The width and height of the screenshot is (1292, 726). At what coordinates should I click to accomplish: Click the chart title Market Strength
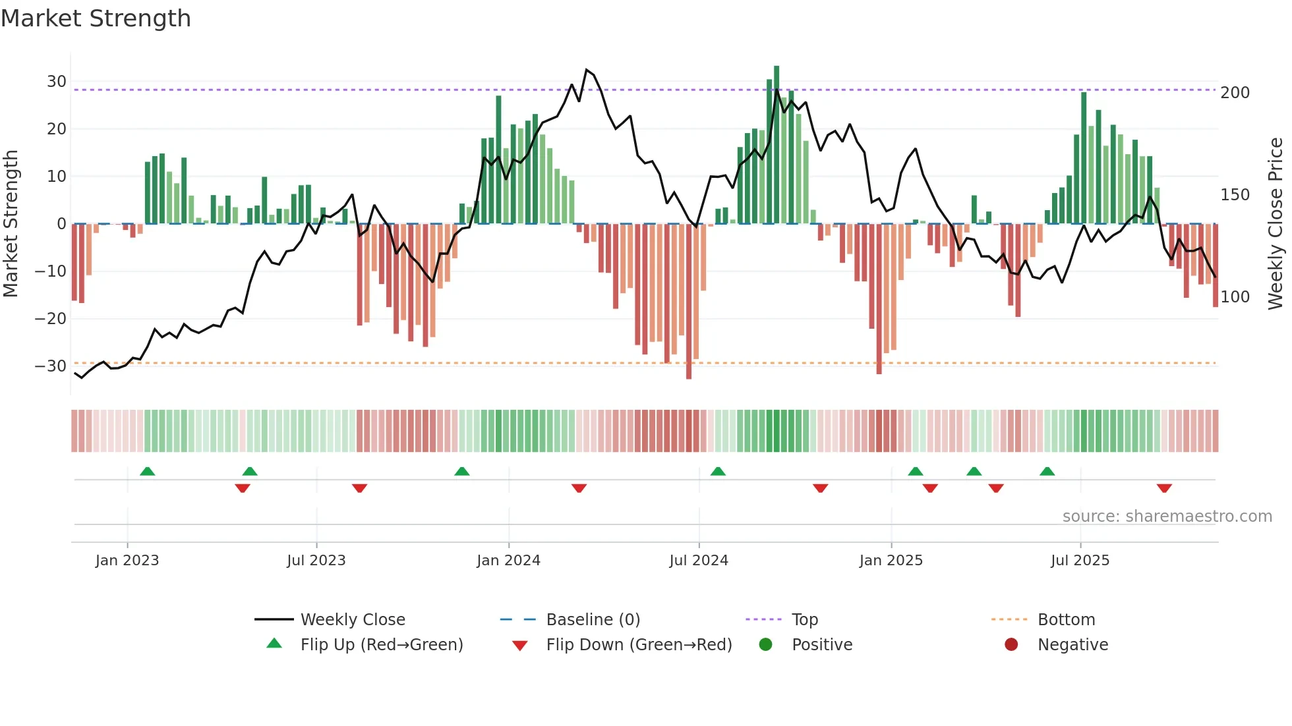click(96, 18)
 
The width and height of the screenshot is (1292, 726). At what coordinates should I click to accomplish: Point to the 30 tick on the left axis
click(57, 82)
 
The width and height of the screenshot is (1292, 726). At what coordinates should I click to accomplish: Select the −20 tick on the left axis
click(51, 319)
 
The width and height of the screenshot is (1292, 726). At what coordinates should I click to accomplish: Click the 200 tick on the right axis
click(1235, 93)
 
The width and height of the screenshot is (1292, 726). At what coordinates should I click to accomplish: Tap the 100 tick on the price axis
click(1235, 297)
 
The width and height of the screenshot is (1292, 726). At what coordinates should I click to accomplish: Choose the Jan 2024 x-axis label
click(508, 561)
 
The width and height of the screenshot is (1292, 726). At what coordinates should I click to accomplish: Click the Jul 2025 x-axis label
click(1080, 561)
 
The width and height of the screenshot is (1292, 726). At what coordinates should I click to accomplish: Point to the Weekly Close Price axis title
click(1276, 224)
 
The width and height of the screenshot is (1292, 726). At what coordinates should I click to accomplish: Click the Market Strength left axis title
click(11, 224)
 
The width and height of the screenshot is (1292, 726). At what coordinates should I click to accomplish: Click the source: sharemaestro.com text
click(1167, 517)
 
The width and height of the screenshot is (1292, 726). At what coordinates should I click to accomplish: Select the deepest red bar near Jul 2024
click(689, 302)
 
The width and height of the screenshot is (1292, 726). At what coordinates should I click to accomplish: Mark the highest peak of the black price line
click(587, 70)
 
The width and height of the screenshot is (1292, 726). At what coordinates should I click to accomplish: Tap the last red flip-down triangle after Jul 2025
click(1164, 488)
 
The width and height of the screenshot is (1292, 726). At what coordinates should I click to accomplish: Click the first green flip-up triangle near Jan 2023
click(148, 471)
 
